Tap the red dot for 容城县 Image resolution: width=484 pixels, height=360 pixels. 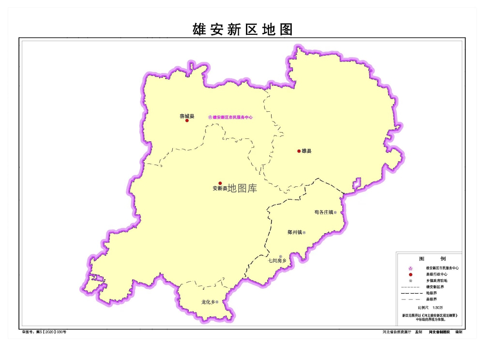[187, 120]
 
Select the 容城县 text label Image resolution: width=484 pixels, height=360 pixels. [187, 116]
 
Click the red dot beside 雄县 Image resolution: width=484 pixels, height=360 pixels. [299, 151]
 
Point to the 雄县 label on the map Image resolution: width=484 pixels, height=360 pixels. [306, 151]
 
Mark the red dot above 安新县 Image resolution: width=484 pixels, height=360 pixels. [220, 183]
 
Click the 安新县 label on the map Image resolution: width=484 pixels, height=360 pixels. [219, 188]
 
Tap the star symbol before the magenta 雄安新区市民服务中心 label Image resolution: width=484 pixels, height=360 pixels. [210, 117]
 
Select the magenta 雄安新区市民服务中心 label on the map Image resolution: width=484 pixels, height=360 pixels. [232, 117]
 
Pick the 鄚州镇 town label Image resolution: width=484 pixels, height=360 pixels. [294, 233]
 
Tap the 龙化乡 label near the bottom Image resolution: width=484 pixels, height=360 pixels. [208, 302]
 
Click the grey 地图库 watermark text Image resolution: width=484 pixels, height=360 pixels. [242, 188]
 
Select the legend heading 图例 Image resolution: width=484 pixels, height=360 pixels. [428, 259]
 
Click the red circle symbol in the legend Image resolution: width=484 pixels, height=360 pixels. [410, 274]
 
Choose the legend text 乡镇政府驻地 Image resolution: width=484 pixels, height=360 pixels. [437, 281]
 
